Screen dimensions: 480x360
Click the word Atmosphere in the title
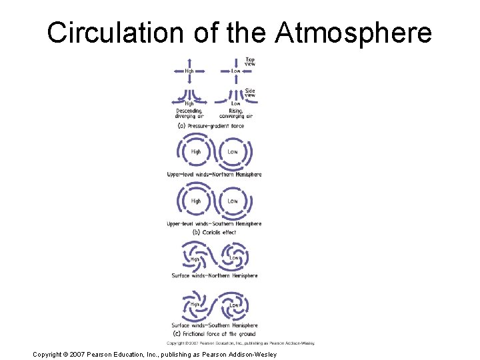pos(353,33)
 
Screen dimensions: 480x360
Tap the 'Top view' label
pos(250,61)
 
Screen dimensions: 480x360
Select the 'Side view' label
pos(250,93)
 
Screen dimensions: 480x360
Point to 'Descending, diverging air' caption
pos(189,113)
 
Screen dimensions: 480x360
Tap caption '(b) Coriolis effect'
pos(214,233)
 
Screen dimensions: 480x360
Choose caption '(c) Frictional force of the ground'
pos(214,333)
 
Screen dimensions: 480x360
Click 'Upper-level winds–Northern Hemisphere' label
pos(214,175)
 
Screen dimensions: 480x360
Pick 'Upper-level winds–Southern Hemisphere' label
pos(214,224)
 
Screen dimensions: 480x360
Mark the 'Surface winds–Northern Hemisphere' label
pos(214,275)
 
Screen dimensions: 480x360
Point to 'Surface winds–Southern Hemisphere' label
pos(214,325)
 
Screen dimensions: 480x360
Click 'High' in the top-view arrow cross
pos(189,70)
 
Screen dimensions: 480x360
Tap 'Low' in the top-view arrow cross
pos(236,70)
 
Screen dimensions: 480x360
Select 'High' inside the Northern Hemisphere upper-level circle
pos(196,151)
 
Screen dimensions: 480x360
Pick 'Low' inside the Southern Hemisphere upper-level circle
pos(233,201)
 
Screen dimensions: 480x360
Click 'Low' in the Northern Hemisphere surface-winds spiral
pos(235,257)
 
